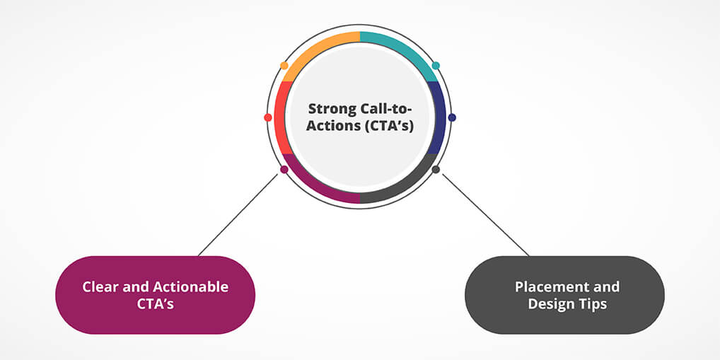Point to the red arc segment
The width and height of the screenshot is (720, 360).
[281, 117]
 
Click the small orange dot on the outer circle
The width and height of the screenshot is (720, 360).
[284, 65]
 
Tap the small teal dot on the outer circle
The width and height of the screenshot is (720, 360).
[436, 65]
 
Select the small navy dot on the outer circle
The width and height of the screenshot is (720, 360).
[452, 117]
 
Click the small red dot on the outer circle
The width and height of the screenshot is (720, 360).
[267, 117]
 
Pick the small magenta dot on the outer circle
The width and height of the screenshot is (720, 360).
[284, 170]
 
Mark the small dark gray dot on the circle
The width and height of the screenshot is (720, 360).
[436, 170]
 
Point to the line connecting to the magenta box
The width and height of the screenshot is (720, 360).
[238, 214]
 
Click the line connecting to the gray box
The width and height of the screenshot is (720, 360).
[485, 214]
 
